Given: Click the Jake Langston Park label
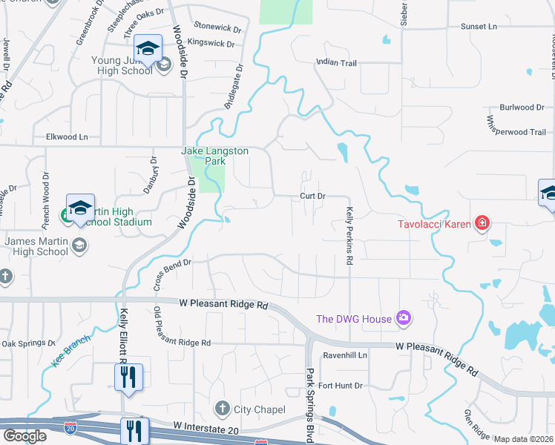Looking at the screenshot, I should click(215, 155).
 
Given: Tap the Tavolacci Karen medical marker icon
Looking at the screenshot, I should click(482, 223).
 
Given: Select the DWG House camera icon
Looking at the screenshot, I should click(403, 318).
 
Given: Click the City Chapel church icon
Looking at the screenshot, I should click(222, 409).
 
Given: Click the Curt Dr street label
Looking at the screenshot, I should click(312, 196).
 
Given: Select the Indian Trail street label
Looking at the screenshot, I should click(336, 63).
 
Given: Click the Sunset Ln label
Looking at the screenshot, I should click(479, 27).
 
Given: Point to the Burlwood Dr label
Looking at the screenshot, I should click(522, 108).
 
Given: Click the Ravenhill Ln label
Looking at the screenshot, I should click(344, 355).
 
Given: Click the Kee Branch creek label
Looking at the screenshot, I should click(71, 351).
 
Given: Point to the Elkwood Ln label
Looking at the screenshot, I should click(67, 136).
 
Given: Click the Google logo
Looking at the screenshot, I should click(24, 436).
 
